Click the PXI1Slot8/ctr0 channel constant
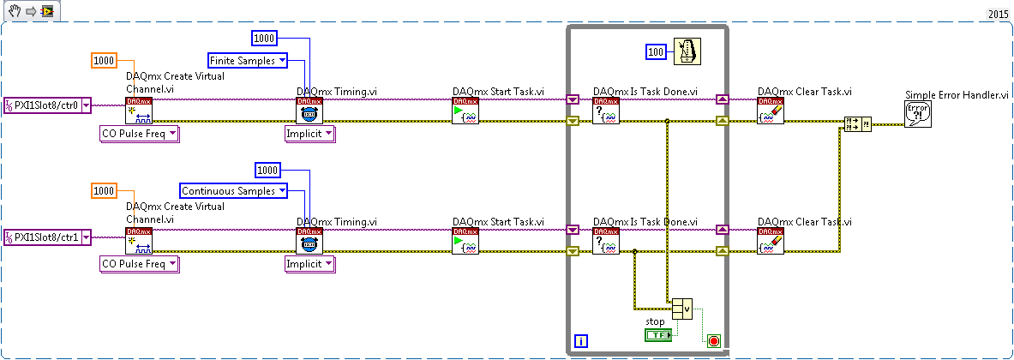46,105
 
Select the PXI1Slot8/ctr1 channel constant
46,237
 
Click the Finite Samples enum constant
249,61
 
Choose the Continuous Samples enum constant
233,190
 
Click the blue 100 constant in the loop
657,51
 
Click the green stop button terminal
658,335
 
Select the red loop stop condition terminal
713,340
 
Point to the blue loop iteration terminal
581,341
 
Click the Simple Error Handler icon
917,113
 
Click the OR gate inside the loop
682,309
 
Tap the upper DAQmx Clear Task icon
771,111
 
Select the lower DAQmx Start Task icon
465,241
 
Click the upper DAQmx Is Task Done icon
606,111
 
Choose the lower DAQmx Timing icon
309,241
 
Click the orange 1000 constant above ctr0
104,61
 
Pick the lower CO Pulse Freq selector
138,264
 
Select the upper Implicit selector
310,133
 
